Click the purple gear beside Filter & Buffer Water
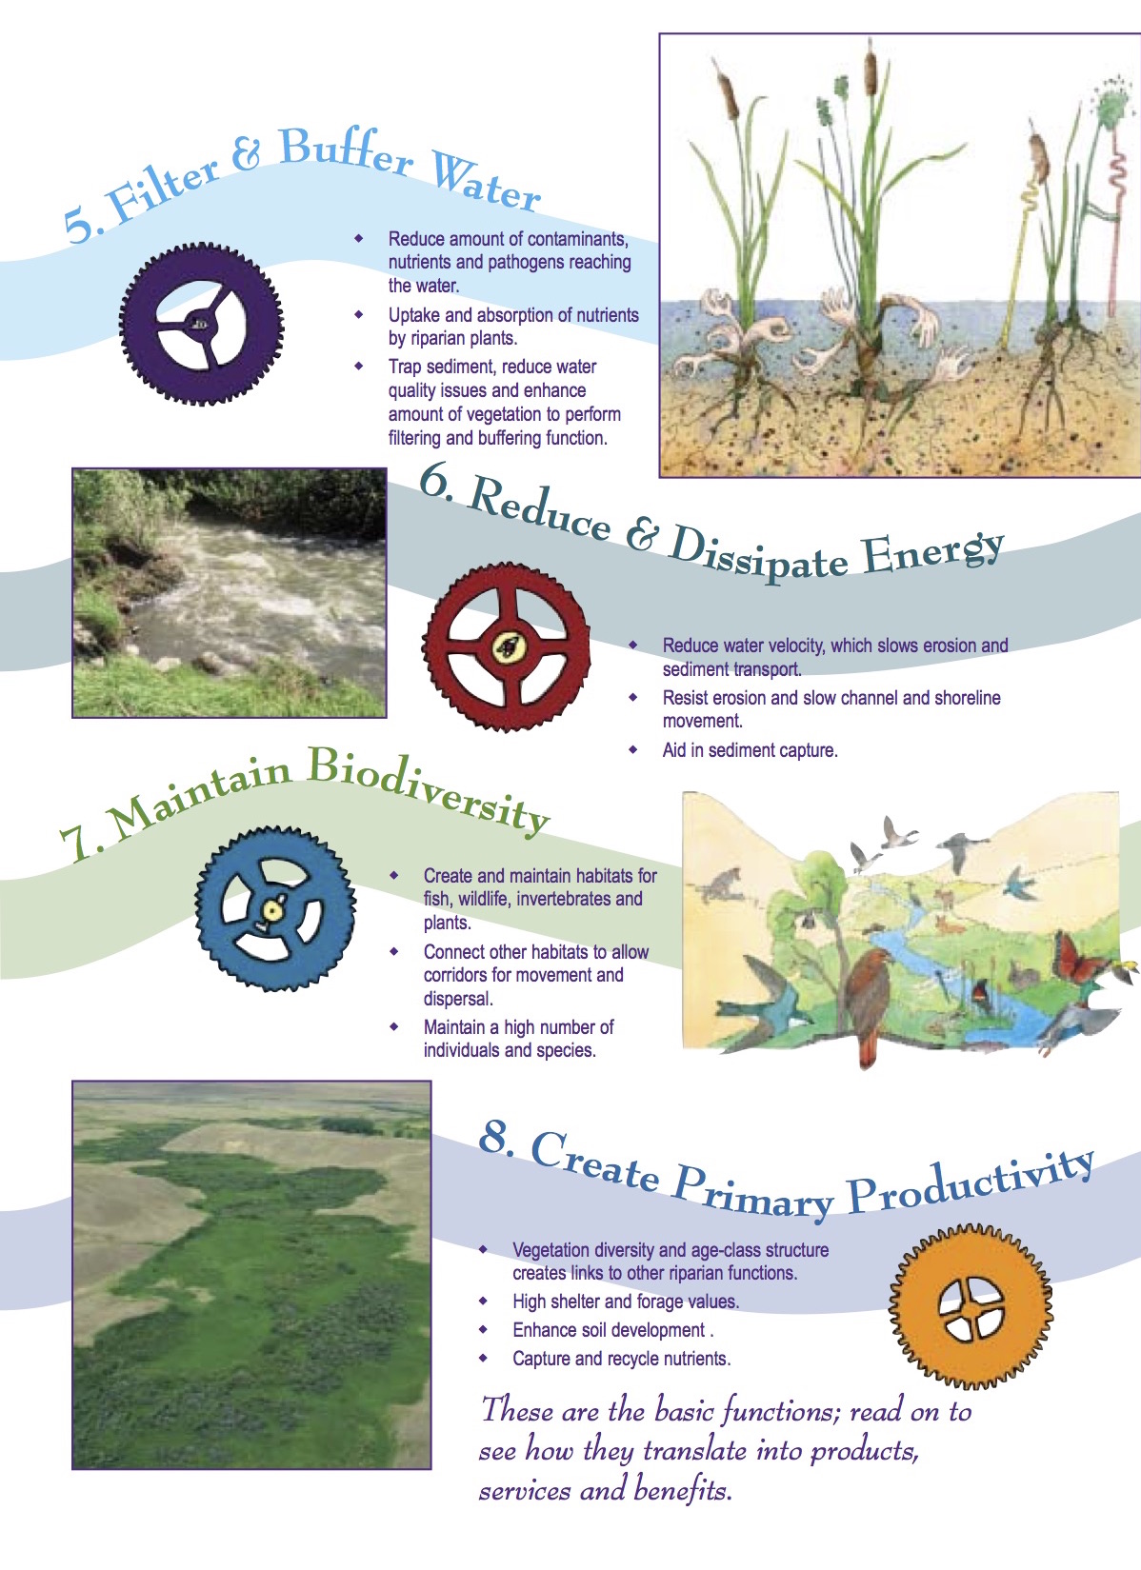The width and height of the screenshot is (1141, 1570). [201, 324]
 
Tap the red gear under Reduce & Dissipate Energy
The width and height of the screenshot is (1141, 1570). [507, 647]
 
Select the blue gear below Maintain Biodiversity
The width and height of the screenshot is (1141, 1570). [274, 910]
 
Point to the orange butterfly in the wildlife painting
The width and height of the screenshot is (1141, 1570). [1074, 958]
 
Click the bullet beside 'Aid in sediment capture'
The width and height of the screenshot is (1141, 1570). [633, 749]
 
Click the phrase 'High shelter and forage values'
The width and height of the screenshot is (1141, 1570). [625, 1302]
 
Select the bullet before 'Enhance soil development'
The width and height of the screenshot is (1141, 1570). [484, 1329]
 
